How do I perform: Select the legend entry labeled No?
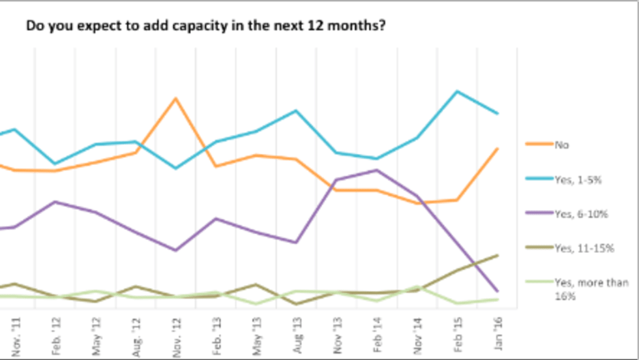click(x=561, y=145)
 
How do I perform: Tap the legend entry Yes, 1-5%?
click(x=577, y=179)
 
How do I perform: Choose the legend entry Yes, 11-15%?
click(x=582, y=248)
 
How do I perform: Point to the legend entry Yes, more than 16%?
click(x=591, y=289)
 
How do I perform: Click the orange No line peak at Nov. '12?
click(x=175, y=98)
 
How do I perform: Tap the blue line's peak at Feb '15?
click(x=457, y=91)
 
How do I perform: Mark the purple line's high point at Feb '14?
click(x=377, y=170)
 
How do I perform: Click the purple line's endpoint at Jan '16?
click(x=498, y=291)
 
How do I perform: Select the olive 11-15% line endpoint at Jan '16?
click(x=498, y=255)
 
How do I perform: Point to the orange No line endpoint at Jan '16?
click(x=498, y=149)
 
